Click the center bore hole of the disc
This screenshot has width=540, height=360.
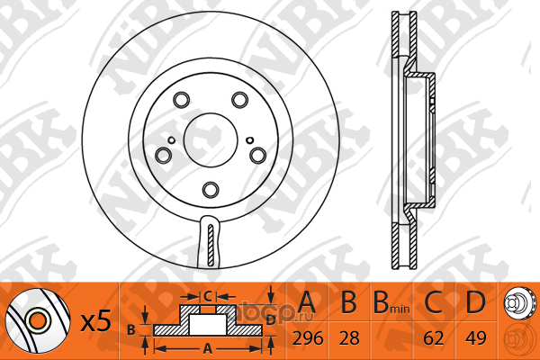point(211,140)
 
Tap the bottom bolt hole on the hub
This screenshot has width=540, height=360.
point(211,190)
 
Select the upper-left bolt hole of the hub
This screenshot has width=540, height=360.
point(181,100)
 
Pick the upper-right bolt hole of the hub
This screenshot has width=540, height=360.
point(240,100)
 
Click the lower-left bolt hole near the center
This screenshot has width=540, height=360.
point(163,156)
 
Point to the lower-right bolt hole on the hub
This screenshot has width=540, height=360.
point(258,156)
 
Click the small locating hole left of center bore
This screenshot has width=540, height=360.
point(171,140)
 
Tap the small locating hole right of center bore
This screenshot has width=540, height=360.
point(250,140)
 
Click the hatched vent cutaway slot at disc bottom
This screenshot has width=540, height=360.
point(211,245)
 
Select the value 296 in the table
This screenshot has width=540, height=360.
point(308,338)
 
